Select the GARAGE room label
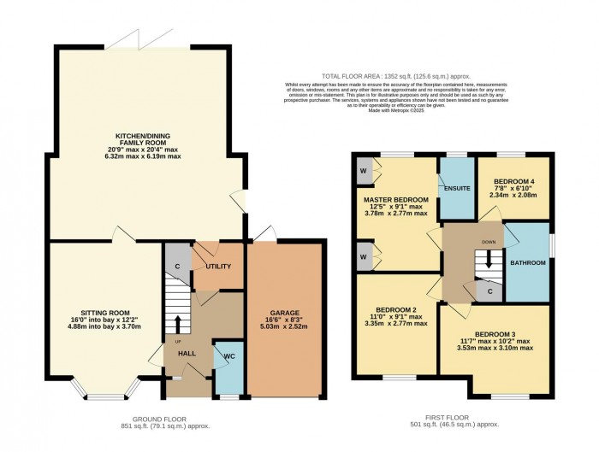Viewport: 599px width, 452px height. [284, 313]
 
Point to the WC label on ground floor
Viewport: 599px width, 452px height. [228, 356]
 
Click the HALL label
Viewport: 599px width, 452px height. [187, 353]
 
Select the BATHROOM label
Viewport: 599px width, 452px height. [529, 263]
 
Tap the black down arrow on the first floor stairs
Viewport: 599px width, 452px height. [489, 263]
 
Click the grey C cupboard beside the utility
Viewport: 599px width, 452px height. [177, 265]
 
